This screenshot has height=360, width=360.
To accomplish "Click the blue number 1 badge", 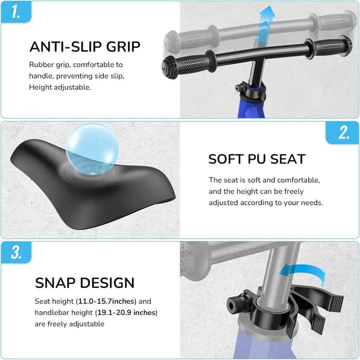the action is [16, 12].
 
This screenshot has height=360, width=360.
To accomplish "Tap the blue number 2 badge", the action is [343, 133].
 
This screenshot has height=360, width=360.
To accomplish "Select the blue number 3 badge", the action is [16, 253].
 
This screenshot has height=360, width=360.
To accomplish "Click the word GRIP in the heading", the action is [123, 47].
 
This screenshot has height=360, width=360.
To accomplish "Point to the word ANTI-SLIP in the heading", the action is [66, 47].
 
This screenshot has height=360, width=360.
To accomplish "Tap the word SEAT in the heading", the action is [287, 159].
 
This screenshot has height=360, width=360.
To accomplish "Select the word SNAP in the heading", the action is [55, 282].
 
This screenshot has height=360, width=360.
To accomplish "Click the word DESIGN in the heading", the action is [107, 282].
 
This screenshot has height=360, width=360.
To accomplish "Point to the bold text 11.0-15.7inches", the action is [107, 301].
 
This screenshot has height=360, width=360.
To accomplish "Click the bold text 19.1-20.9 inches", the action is [126, 313].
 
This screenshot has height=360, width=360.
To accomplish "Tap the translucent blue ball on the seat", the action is [92, 149].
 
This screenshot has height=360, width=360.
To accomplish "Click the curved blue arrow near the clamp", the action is [303, 273].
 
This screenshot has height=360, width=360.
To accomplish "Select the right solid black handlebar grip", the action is [328, 47].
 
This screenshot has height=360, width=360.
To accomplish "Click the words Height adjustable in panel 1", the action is [60, 87].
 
